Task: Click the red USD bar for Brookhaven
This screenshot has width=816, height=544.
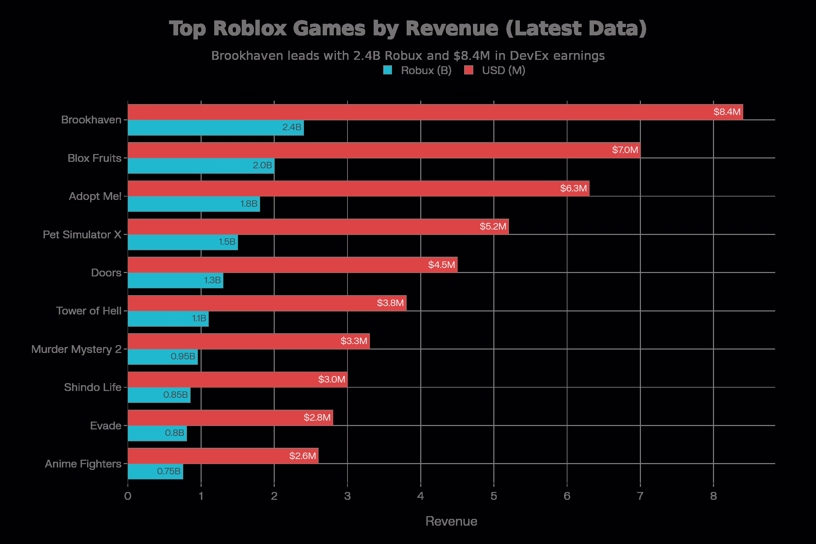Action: (x=435, y=112)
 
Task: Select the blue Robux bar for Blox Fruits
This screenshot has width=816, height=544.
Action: (x=201, y=166)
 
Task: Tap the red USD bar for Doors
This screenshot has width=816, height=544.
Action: (x=292, y=265)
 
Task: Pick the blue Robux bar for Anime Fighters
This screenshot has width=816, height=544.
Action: (x=155, y=472)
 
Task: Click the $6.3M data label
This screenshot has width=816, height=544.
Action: (x=573, y=188)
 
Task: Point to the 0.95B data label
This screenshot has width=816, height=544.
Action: (x=183, y=356)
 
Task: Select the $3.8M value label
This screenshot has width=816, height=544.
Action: (x=390, y=303)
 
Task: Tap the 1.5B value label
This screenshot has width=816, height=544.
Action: (x=227, y=242)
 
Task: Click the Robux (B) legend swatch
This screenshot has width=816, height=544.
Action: (x=388, y=70)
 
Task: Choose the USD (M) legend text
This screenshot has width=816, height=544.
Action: (x=504, y=70)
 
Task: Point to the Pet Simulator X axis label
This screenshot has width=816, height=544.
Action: (x=82, y=235)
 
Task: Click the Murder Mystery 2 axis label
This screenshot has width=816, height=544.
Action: (x=76, y=349)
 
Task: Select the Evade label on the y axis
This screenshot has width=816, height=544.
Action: (x=105, y=426)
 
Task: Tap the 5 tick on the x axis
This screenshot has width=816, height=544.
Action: (x=494, y=496)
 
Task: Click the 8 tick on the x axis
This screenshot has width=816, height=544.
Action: (x=713, y=496)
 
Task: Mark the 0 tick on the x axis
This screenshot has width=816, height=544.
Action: (x=128, y=496)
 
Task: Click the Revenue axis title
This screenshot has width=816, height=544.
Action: (x=451, y=522)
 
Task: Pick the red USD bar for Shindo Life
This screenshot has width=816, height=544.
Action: (x=238, y=379)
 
